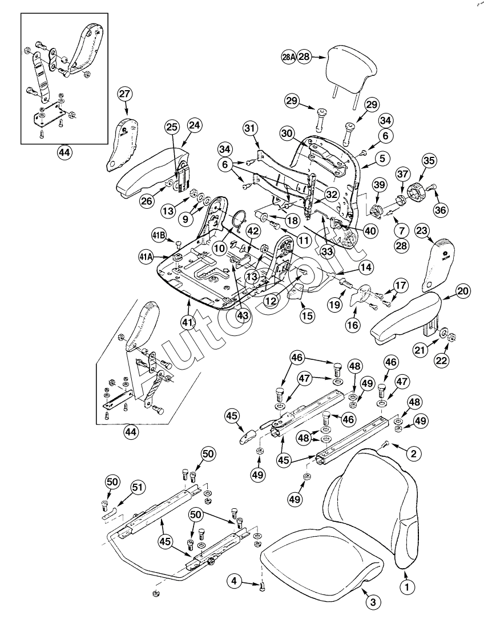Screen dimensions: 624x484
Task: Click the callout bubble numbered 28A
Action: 289,57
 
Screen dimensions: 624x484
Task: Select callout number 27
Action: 125,94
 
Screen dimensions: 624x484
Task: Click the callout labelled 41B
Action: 159,235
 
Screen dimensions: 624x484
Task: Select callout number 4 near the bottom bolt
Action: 233,581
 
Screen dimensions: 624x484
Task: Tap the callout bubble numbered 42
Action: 253,232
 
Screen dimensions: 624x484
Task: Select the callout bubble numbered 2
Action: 414,453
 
